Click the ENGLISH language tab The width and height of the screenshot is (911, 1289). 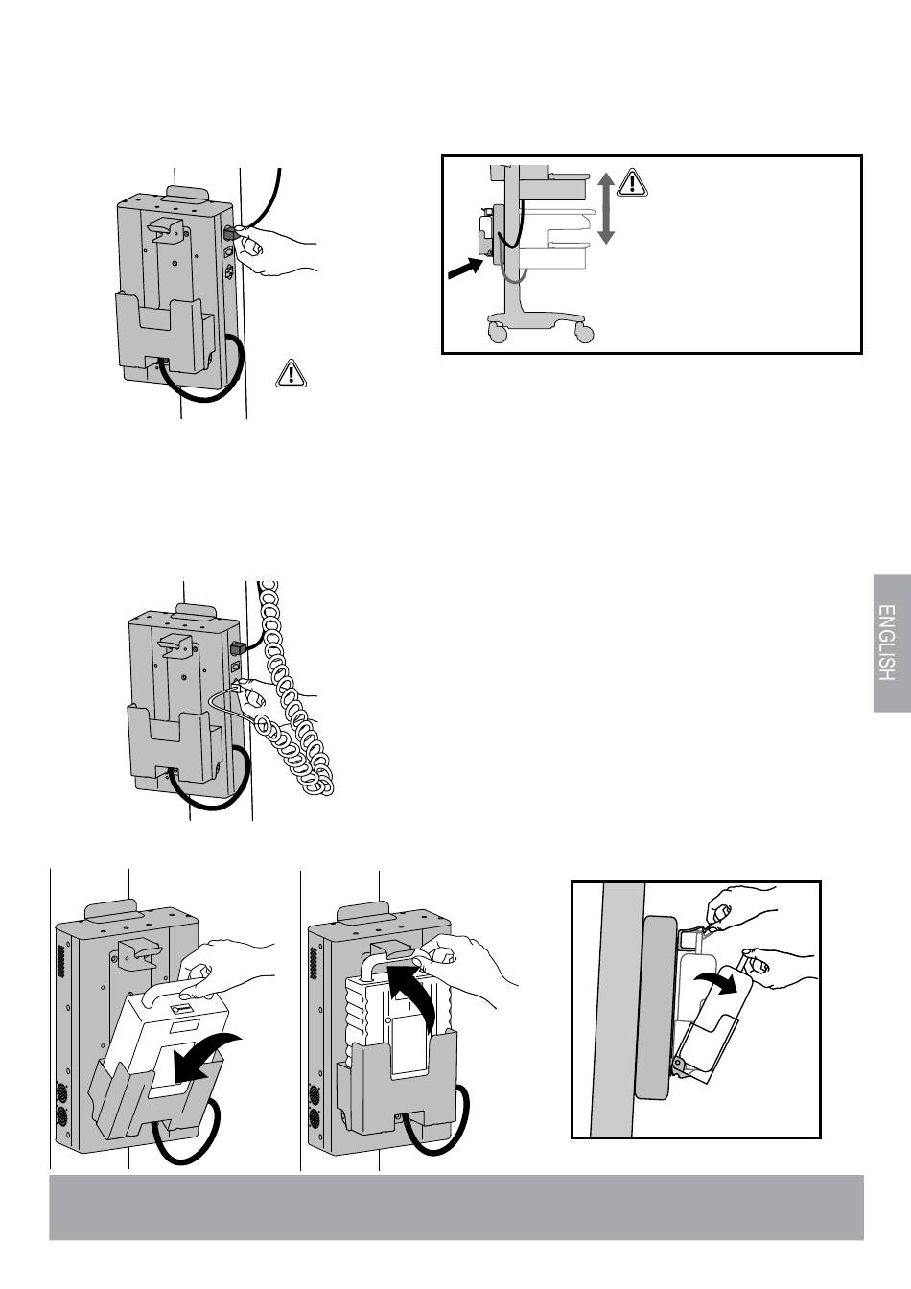tap(891, 643)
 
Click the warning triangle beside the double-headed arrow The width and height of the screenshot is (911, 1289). tap(634, 183)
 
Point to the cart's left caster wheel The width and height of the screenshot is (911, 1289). tap(497, 333)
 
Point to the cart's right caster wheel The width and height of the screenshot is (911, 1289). tap(583, 333)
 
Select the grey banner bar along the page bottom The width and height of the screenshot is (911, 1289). tap(456, 1207)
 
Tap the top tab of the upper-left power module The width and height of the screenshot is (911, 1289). tap(194, 195)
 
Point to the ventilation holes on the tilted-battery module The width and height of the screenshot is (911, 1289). tap(66, 964)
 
